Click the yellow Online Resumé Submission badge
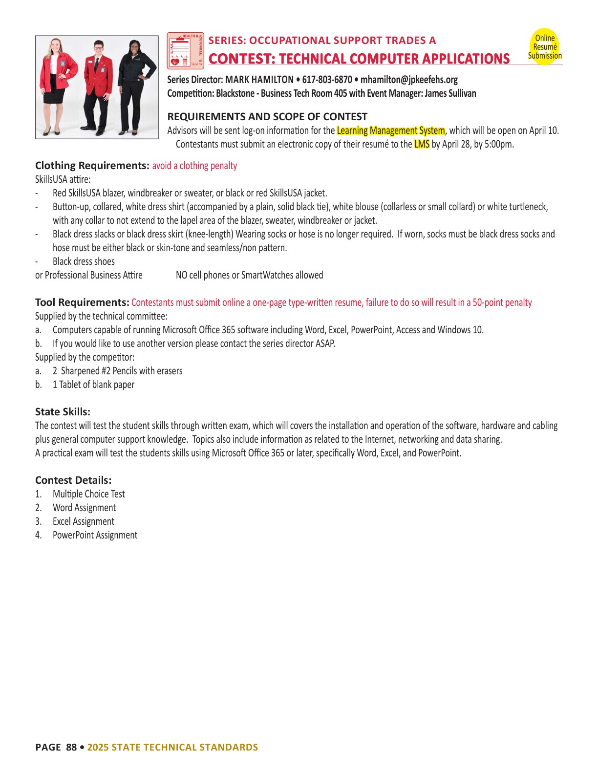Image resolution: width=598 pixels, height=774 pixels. pyautogui.click(x=544, y=46)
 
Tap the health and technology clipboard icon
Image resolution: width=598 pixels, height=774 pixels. pyautogui.click(x=185, y=50)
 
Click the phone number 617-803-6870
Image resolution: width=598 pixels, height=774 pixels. pyautogui.click(x=327, y=80)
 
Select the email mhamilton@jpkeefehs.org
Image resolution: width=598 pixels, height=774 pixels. pyautogui.click(x=409, y=80)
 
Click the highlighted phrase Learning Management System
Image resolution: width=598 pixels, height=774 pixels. pyautogui.click(x=390, y=130)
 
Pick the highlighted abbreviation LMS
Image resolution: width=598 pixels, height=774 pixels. pyautogui.click(x=421, y=144)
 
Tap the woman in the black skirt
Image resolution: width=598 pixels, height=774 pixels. pyautogui.click(x=58, y=86)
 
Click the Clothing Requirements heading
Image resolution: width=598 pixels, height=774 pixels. pyautogui.click(x=92, y=166)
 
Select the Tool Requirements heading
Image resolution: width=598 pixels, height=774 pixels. pyautogui.click(x=82, y=302)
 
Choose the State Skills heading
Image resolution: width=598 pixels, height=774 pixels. pyautogui.click(x=63, y=412)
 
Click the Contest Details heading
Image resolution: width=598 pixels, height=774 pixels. pyautogui.click(x=73, y=480)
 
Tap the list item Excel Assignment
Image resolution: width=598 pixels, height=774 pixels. pyautogui.click(x=84, y=521)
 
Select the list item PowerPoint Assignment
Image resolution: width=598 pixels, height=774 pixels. pyautogui.click(x=95, y=535)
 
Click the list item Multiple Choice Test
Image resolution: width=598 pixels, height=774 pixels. pyautogui.click(x=89, y=494)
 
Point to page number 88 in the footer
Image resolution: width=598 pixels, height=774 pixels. pyautogui.click(x=71, y=747)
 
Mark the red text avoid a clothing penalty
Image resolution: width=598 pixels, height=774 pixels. pyautogui.click(x=194, y=166)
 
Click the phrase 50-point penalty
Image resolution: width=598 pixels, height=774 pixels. pyautogui.click(x=502, y=302)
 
